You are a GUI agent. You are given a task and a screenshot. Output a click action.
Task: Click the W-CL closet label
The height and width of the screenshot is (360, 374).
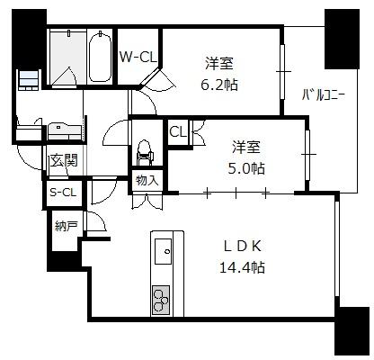138,57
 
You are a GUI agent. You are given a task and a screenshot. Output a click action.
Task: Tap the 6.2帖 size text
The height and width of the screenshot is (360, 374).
219,85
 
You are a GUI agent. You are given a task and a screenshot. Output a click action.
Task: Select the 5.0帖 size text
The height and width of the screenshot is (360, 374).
246,168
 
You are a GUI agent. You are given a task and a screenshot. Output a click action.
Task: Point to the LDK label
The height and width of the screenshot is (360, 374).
243,247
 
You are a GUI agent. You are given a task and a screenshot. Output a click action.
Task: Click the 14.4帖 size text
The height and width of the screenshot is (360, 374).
242,267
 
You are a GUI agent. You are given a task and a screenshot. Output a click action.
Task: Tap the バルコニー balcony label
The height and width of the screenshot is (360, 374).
324,95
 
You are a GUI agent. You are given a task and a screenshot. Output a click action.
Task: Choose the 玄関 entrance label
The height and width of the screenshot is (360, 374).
64,160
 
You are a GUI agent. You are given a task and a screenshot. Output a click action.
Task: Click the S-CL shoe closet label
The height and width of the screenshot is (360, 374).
63,192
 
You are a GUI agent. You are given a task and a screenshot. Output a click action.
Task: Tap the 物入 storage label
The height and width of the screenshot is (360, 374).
147,181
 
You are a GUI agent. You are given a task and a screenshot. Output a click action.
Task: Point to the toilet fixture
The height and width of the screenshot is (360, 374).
145,153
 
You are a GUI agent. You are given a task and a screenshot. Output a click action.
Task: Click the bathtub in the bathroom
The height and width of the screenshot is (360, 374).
100,57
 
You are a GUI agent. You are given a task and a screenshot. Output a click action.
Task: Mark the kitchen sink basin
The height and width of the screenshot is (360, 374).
163,251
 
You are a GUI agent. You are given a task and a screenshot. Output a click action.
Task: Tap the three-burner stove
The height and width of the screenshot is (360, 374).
161,300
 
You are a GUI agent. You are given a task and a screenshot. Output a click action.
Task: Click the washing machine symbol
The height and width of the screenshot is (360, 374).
29,79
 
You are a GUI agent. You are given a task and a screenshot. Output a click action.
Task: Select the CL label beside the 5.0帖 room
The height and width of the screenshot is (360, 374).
178,131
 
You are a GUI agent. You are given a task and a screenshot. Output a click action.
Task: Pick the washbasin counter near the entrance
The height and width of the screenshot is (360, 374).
64,130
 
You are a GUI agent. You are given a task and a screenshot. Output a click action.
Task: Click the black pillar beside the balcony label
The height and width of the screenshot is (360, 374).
342,39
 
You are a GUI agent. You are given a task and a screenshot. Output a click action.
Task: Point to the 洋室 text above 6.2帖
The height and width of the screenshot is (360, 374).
219,64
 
